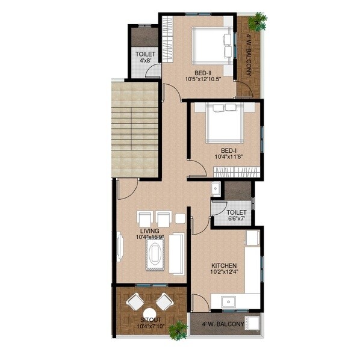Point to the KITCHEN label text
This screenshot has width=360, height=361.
(223, 265)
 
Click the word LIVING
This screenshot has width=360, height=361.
(149, 231)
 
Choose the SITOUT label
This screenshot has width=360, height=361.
(150, 319)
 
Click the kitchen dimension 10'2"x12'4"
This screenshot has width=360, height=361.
(223, 273)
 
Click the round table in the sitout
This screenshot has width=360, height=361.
(149, 312)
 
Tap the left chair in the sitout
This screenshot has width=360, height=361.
(134, 300)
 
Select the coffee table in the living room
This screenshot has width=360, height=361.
(157, 252)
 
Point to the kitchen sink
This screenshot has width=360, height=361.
(228, 301)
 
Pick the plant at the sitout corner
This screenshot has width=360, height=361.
(178, 329)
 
